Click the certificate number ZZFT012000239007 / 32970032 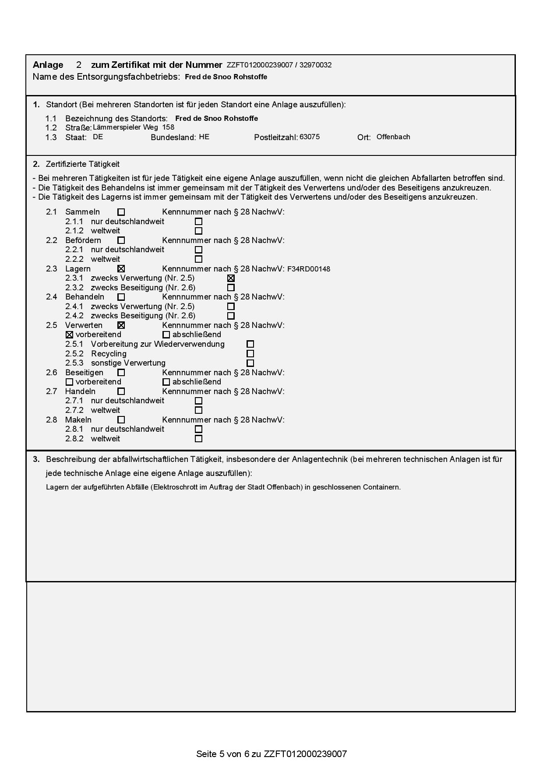coord(279,65)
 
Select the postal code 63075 coord(310,137)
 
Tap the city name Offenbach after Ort coord(393,137)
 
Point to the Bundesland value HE coord(204,137)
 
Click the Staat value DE coord(98,137)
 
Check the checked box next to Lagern coord(121,269)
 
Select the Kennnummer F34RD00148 coord(309,269)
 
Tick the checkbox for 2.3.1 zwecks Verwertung coord(231,278)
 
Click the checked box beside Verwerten coord(121,325)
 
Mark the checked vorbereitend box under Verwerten coord(69,335)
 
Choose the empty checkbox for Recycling coord(250,354)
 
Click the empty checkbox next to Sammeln coord(121,212)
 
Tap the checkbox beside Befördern coord(121,240)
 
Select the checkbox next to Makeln coord(121,420)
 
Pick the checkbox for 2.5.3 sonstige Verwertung coord(250,363)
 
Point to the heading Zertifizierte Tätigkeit coord(83,164)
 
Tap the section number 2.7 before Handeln coord(52,391)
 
